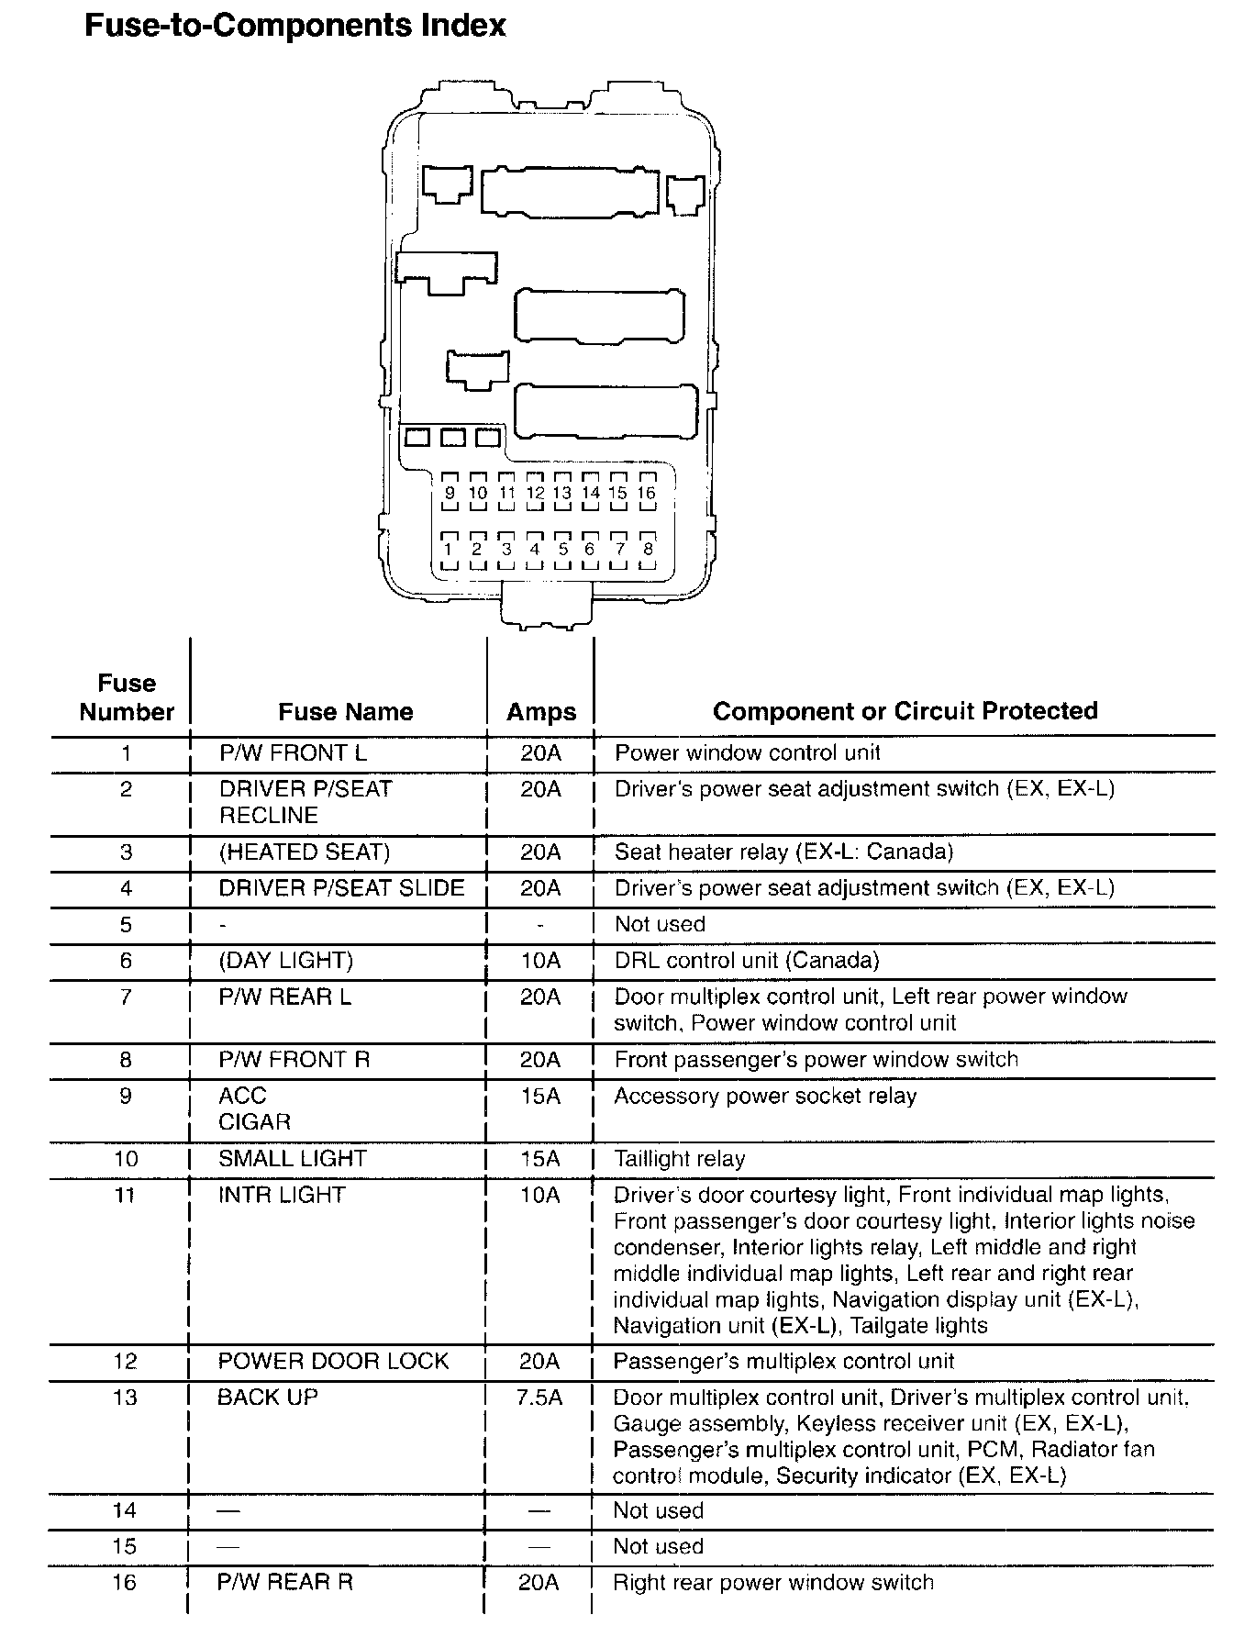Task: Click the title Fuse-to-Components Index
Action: (294, 25)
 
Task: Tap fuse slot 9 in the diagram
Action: (450, 493)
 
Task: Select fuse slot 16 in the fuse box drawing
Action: (647, 493)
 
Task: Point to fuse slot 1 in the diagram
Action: (449, 550)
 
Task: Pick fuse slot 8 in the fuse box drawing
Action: (648, 550)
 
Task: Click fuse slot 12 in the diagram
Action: (535, 493)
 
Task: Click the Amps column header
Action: (541, 712)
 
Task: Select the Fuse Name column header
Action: (345, 712)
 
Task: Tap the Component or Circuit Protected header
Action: (905, 711)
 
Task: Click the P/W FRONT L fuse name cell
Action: (293, 753)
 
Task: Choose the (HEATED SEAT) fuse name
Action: (304, 852)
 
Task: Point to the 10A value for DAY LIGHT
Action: (540, 961)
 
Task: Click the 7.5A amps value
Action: (540, 1398)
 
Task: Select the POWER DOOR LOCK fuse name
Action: (333, 1361)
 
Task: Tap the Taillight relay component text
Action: (679, 1159)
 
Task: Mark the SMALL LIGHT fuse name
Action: (292, 1159)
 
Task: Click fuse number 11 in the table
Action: (126, 1196)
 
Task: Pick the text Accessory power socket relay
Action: (765, 1097)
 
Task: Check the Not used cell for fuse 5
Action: (660, 924)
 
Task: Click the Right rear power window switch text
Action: (773, 1583)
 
